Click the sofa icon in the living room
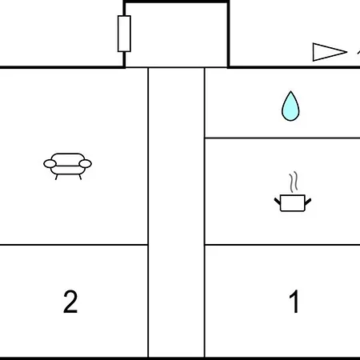67,166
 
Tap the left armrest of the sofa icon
50,164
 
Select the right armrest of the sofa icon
86,164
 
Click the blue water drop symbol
290,106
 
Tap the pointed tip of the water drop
290,91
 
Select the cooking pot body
293,203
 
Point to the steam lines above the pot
294,182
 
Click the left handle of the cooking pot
278,202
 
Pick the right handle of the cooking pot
308,202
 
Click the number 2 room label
70,302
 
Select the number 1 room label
294,302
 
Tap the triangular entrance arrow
330,52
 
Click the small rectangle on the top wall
124,34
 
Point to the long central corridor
176,212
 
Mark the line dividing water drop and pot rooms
282,138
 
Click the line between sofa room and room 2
74,244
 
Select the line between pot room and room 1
282,244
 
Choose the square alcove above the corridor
176,34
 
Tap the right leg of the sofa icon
80,177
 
